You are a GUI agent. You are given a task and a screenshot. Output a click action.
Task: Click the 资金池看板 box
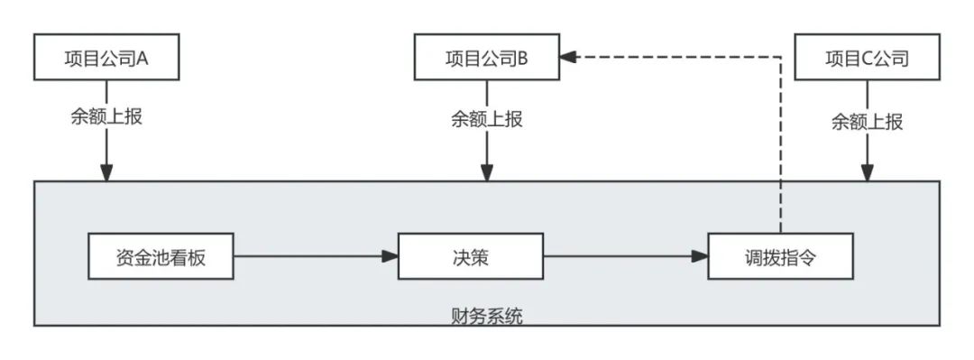point(161,256)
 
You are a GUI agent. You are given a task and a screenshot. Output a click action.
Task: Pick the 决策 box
point(471,256)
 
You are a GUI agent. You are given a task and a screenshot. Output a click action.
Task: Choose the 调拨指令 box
point(780,256)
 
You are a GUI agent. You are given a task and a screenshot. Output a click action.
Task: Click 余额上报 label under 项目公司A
point(106,119)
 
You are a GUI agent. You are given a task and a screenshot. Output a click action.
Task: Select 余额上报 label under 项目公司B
point(486,119)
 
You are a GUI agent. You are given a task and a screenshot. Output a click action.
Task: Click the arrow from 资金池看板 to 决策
point(316,256)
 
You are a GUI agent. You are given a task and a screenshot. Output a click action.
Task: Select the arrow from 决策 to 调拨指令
point(626,256)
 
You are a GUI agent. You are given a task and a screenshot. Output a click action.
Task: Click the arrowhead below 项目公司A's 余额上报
point(106,172)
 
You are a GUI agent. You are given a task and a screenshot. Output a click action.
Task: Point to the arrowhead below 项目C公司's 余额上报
point(867,172)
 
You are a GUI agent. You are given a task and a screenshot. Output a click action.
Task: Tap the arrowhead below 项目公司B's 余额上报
point(486,172)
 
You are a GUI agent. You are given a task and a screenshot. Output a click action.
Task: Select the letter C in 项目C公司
point(861,59)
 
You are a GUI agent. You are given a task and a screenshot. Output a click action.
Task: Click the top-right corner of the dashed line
point(780,57)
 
